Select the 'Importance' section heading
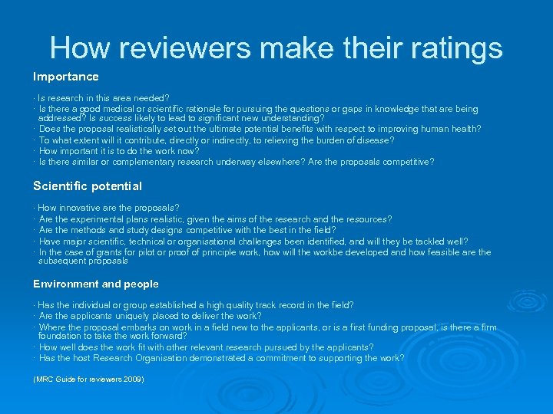click(x=65, y=77)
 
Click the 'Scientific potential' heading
click(x=87, y=186)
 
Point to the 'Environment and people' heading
click(x=95, y=284)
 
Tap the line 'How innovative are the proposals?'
click(x=108, y=208)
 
